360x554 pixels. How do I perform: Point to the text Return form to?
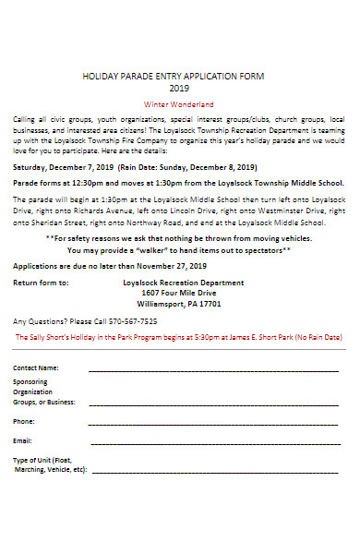coord(41,283)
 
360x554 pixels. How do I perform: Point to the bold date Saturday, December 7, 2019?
coord(63,168)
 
